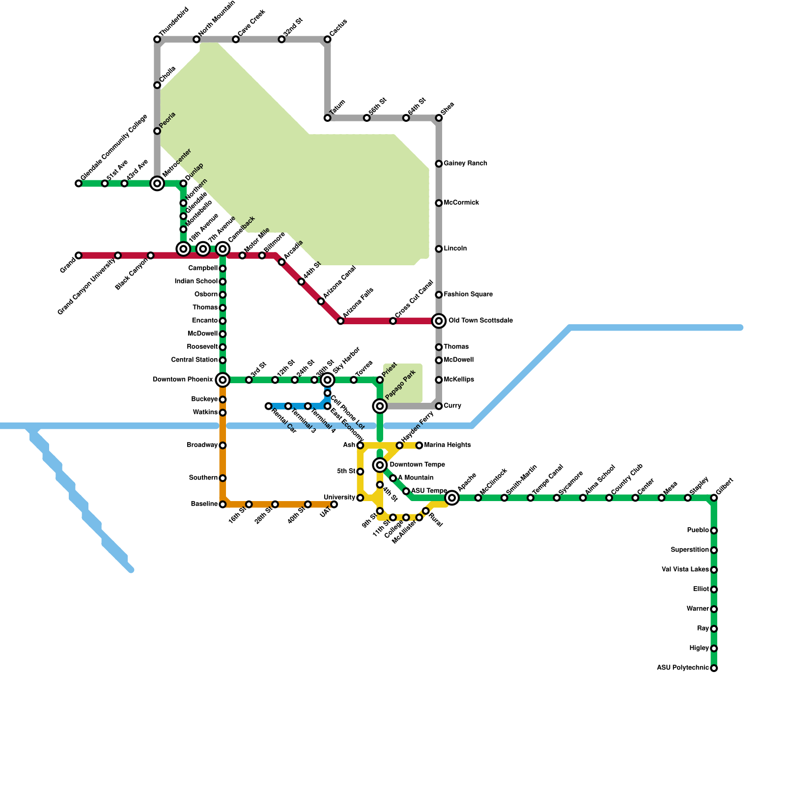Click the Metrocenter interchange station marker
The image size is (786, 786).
pos(157,184)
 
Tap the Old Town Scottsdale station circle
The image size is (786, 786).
pos(439,321)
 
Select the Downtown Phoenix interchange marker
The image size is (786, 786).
pos(223,380)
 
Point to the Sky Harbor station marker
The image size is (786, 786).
pos(328,380)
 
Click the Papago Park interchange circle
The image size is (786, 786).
pos(380,406)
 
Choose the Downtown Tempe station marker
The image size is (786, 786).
pos(380,465)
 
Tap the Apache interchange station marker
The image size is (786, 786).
pos(452,498)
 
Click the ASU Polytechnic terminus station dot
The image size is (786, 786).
pos(714,668)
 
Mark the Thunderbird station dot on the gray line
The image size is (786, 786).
pos(157,39)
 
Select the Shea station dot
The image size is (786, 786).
pos(439,118)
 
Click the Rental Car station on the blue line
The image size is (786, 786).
pos(268,406)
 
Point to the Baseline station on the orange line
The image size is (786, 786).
pos(223,505)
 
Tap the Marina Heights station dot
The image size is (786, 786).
pos(419,446)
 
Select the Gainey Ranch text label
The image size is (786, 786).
pos(465,164)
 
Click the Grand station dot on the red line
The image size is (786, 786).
pos(79,255)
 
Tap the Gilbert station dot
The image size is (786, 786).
pos(714,498)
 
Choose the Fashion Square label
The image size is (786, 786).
pos(468,295)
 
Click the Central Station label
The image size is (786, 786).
pos(194,360)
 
